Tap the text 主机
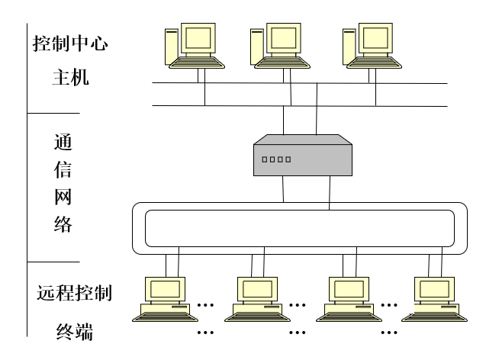70,76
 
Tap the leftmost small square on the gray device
264,160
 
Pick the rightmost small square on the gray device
288,160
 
